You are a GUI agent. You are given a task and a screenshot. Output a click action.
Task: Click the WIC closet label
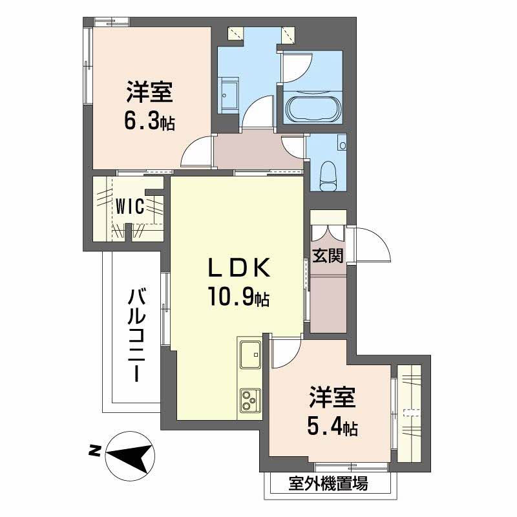coord(130,207)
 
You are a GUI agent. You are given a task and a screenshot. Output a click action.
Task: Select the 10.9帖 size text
coord(238,299)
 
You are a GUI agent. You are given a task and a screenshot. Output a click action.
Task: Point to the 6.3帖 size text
coord(149,121)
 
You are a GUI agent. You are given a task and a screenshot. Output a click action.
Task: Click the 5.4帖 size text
coord(332,427)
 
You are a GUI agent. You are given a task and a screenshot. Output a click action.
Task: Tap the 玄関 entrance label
coord(328,255)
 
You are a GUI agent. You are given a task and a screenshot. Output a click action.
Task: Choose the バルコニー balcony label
coord(137,335)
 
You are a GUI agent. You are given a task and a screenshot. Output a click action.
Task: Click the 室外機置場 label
coord(328,483)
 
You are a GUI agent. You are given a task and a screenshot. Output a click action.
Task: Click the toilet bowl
coord(328,175)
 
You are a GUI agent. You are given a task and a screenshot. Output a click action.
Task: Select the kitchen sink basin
coord(250,354)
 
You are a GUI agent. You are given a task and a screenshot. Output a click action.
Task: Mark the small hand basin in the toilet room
coord(343,145)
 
